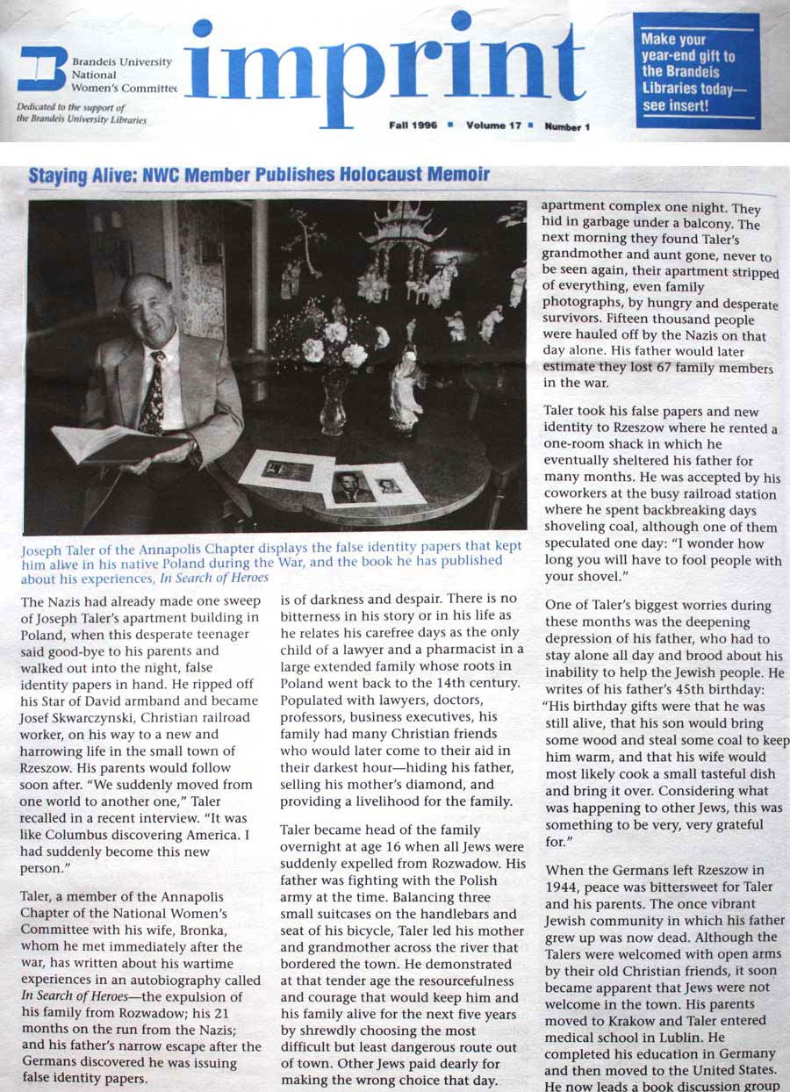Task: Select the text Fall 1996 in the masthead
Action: [x=413, y=126]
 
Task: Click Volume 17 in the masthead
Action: [x=494, y=126]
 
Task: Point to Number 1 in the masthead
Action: [x=567, y=126]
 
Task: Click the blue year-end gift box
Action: [x=696, y=70]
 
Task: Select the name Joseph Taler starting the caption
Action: [x=62, y=546]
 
